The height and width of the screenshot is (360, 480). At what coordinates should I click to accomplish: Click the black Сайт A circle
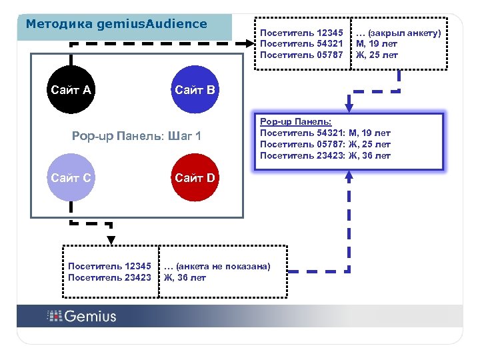point(71,89)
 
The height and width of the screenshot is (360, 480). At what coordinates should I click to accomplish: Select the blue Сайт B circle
point(195,89)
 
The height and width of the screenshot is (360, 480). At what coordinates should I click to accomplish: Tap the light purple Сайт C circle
point(71,177)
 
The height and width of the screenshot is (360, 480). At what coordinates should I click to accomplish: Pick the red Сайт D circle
point(195,177)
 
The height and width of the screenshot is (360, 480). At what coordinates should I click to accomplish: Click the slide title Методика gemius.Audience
point(116,24)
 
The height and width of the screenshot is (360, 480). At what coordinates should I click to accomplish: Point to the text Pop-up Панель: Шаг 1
point(137,137)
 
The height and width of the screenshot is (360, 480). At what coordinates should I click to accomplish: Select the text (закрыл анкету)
point(399,33)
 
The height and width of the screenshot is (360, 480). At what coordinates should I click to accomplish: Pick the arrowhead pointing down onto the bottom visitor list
point(111,240)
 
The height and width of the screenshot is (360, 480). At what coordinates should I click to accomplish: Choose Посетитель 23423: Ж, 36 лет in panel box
point(325,156)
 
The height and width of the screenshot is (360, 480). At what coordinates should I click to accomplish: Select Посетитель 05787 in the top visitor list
point(301,55)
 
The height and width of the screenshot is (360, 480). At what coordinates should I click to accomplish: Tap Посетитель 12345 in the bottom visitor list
point(110,266)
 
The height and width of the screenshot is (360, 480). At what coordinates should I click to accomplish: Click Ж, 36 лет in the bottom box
point(185,277)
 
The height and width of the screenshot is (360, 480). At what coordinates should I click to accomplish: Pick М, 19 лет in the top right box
point(377,44)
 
